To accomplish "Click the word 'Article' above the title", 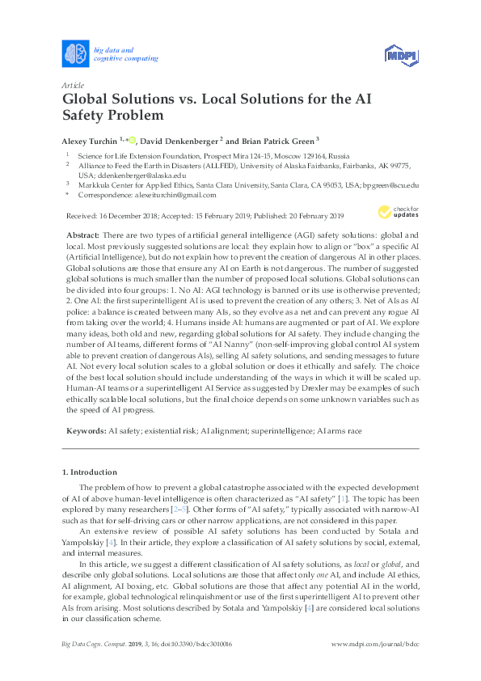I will click(73, 85).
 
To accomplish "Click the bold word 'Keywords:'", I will click(86, 432).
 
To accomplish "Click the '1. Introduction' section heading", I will click(89, 472).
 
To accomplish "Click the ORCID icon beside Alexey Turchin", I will click(132, 138).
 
